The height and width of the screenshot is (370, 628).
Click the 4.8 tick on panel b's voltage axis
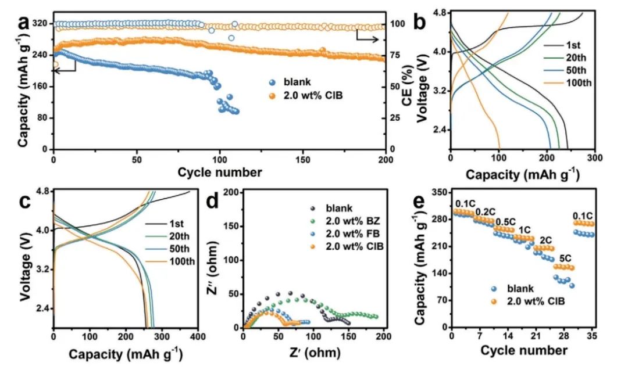[x=437, y=12]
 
